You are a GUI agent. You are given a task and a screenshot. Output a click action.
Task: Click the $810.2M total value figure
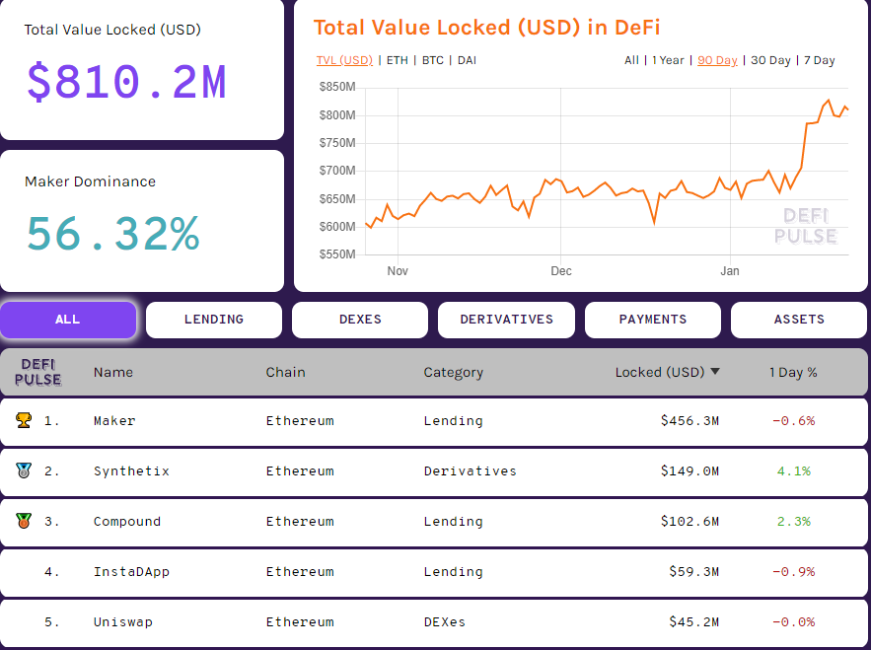point(126,83)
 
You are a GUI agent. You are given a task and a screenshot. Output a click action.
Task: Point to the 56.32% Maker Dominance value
point(112,234)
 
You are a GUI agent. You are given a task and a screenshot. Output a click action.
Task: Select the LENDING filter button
point(213,320)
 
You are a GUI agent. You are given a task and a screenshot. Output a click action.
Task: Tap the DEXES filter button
point(360,320)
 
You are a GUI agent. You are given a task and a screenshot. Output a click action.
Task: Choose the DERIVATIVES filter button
point(506,320)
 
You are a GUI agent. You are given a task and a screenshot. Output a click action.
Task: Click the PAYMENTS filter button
point(652,320)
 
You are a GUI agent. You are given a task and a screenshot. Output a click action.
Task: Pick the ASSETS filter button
point(798,320)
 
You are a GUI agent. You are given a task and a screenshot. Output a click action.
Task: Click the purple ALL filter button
point(68,320)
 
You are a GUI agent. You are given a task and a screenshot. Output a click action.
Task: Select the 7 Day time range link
point(819,60)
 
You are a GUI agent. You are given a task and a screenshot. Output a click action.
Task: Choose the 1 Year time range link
point(668,60)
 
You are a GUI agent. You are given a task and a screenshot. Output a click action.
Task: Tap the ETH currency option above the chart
point(397,60)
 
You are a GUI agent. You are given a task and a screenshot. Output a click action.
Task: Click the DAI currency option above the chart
point(467,60)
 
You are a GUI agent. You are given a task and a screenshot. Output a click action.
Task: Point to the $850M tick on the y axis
point(337,87)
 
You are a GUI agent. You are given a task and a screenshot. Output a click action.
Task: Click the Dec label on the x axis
point(560,271)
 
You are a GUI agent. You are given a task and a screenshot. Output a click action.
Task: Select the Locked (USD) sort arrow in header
point(715,372)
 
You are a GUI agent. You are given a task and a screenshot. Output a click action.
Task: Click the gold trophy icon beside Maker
point(24,420)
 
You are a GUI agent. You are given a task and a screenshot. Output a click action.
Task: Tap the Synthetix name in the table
point(131,471)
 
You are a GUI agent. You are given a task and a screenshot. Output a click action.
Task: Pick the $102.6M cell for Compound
point(690,522)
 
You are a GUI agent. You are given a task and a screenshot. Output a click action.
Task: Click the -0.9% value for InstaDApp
point(793,572)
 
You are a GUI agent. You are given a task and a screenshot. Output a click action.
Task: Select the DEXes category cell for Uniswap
point(444,622)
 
